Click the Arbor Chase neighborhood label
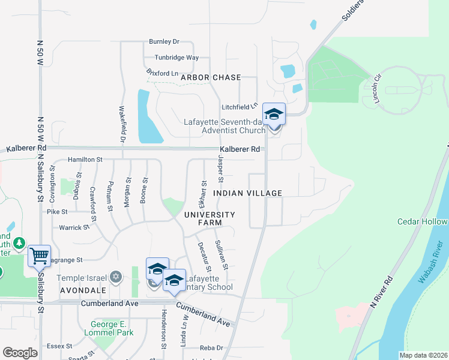click(x=211, y=77)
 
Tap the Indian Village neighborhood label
click(x=247, y=193)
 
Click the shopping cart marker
click(x=39, y=257)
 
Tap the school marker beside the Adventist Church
click(x=274, y=114)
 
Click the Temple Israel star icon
click(x=116, y=277)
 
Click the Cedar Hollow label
click(x=422, y=221)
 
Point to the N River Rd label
click(x=382, y=292)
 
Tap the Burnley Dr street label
click(x=164, y=42)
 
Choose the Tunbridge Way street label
click(x=176, y=58)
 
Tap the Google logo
click(x=20, y=352)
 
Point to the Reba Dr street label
click(x=211, y=348)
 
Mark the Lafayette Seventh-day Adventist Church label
click(x=224, y=126)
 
